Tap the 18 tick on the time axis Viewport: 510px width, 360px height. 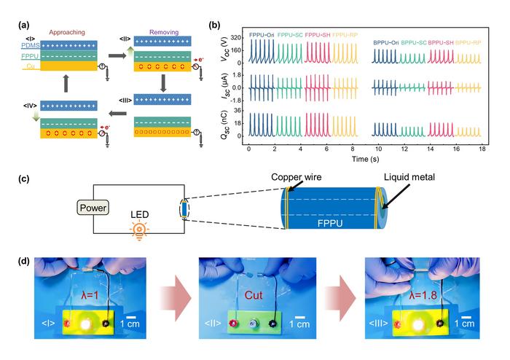click(482, 148)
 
